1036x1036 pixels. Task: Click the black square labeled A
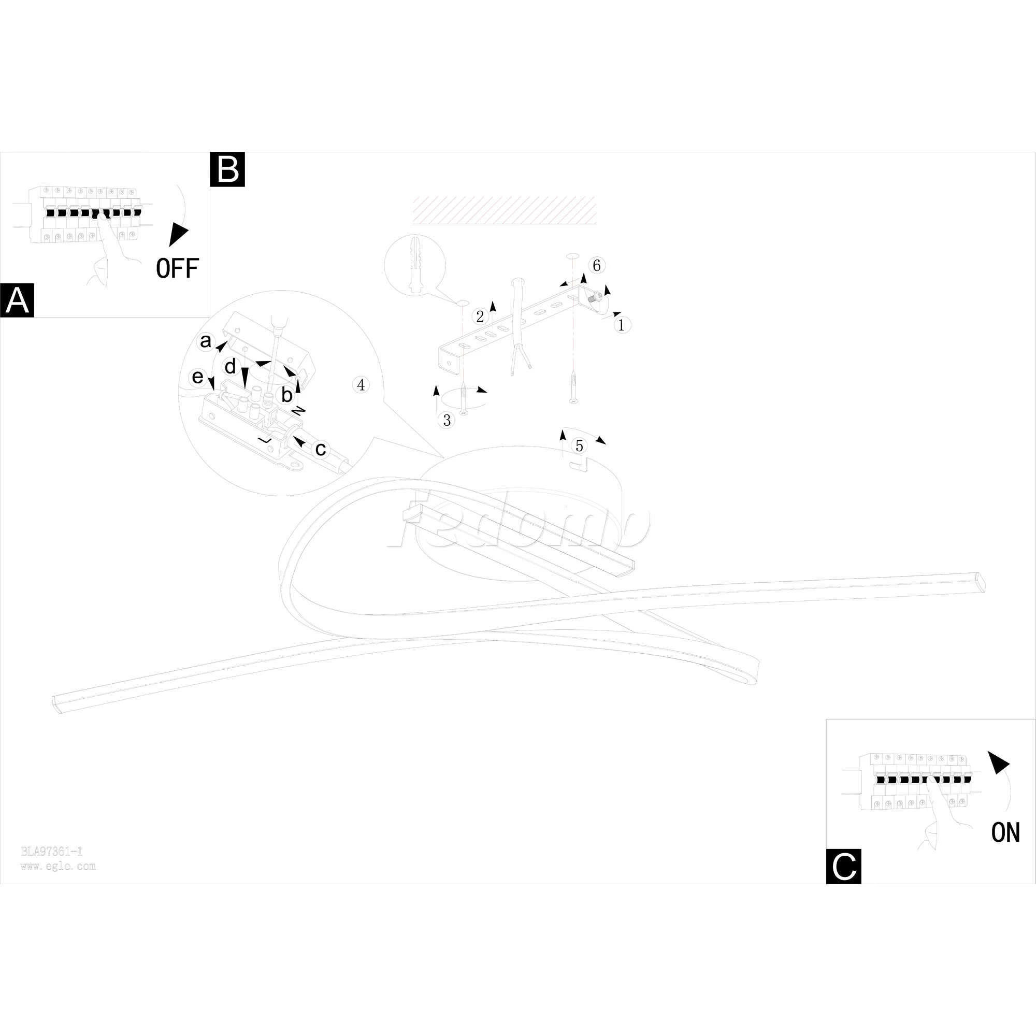click(x=17, y=300)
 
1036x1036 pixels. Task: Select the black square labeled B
click(x=227, y=169)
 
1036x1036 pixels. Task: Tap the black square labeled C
click(x=843, y=866)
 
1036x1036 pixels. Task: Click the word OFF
click(x=177, y=268)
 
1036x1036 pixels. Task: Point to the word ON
click(x=1005, y=832)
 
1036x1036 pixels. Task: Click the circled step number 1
click(x=622, y=324)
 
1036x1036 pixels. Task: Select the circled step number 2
click(x=480, y=316)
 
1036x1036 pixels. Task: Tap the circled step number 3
click(x=447, y=421)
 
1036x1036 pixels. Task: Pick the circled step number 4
click(x=361, y=384)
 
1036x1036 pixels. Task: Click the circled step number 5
click(x=579, y=445)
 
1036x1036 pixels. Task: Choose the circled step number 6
click(x=596, y=265)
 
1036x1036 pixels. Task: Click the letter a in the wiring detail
click(x=205, y=340)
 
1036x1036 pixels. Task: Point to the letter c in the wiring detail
click(x=321, y=448)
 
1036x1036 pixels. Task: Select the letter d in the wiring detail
click(x=230, y=367)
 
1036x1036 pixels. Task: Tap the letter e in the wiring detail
click(x=198, y=377)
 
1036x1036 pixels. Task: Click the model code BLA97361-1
click(x=51, y=851)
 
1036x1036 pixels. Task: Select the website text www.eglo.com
click(x=58, y=866)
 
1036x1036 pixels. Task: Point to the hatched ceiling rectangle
click(x=503, y=210)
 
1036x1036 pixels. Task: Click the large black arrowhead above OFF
click(x=179, y=234)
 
